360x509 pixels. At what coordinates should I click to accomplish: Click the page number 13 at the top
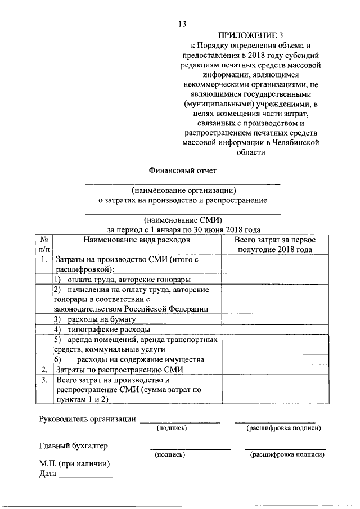pyautogui.click(x=182, y=23)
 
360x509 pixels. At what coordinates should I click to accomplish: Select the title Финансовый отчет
pyautogui.click(x=182, y=170)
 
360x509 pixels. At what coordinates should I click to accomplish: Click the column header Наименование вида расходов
pyautogui.click(x=137, y=240)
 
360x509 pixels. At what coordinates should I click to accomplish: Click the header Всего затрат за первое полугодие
pyautogui.click(x=274, y=245)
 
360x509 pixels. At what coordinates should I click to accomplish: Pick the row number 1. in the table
pyautogui.click(x=44, y=260)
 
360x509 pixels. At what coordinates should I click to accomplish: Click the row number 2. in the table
pyautogui.click(x=44, y=370)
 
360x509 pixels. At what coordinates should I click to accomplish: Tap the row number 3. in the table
pyautogui.click(x=44, y=380)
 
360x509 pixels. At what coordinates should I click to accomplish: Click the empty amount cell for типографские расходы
pyautogui.click(x=274, y=330)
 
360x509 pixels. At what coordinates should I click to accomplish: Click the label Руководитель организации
pyautogui.click(x=88, y=418)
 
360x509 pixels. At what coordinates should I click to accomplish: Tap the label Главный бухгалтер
pyautogui.click(x=73, y=446)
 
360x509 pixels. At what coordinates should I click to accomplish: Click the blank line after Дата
pyautogui.click(x=85, y=476)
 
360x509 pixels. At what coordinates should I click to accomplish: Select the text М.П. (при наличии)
pyautogui.click(x=74, y=464)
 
